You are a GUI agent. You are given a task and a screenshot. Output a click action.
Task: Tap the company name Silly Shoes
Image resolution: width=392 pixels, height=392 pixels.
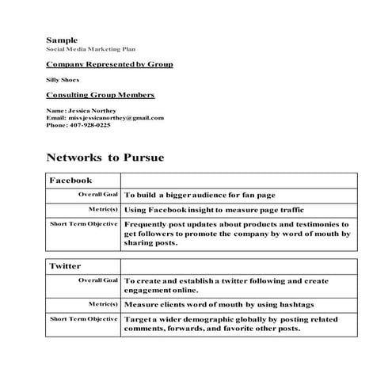(63, 80)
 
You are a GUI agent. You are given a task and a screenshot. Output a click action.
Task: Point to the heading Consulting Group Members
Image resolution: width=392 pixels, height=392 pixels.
(100, 95)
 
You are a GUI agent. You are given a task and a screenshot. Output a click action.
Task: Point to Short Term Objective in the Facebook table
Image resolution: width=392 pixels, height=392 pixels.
(84, 224)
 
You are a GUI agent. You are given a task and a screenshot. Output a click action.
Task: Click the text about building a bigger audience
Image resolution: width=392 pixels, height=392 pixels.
(210, 195)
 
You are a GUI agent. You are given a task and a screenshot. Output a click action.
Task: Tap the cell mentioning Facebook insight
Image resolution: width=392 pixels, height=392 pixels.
(214, 210)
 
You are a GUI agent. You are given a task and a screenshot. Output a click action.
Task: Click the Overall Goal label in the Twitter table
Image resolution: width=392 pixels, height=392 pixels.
(97, 280)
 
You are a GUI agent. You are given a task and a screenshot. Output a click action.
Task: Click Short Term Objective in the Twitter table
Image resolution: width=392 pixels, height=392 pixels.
(84, 318)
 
